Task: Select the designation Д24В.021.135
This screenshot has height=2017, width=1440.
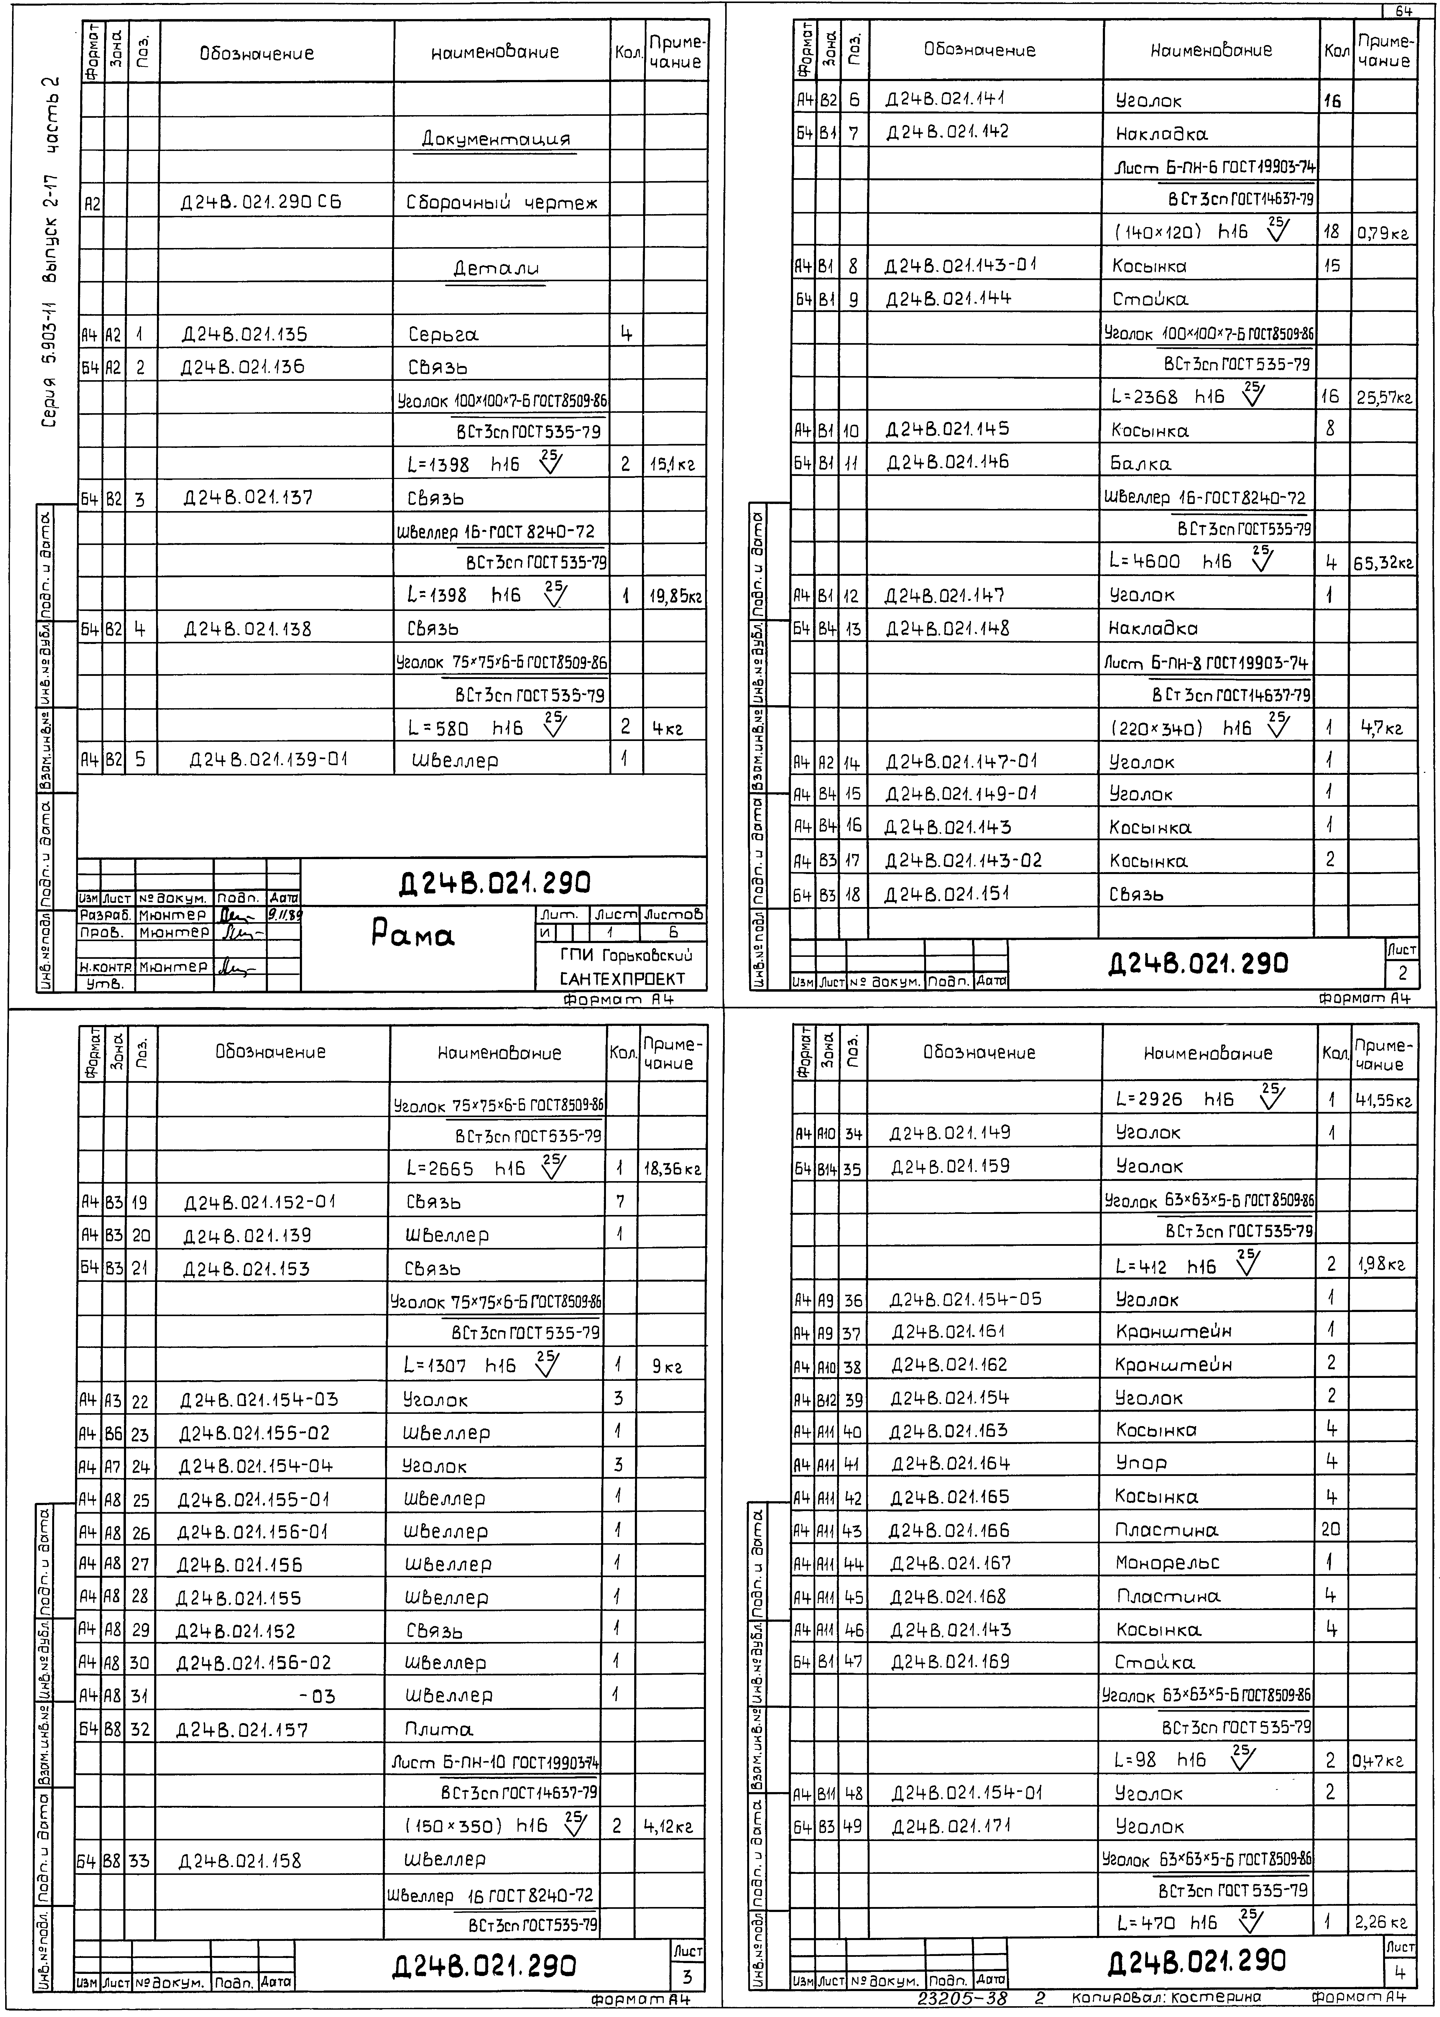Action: (245, 334)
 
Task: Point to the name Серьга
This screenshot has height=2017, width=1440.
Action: (443, 334)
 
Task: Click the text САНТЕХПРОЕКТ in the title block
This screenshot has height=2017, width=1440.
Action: (623, 978)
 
